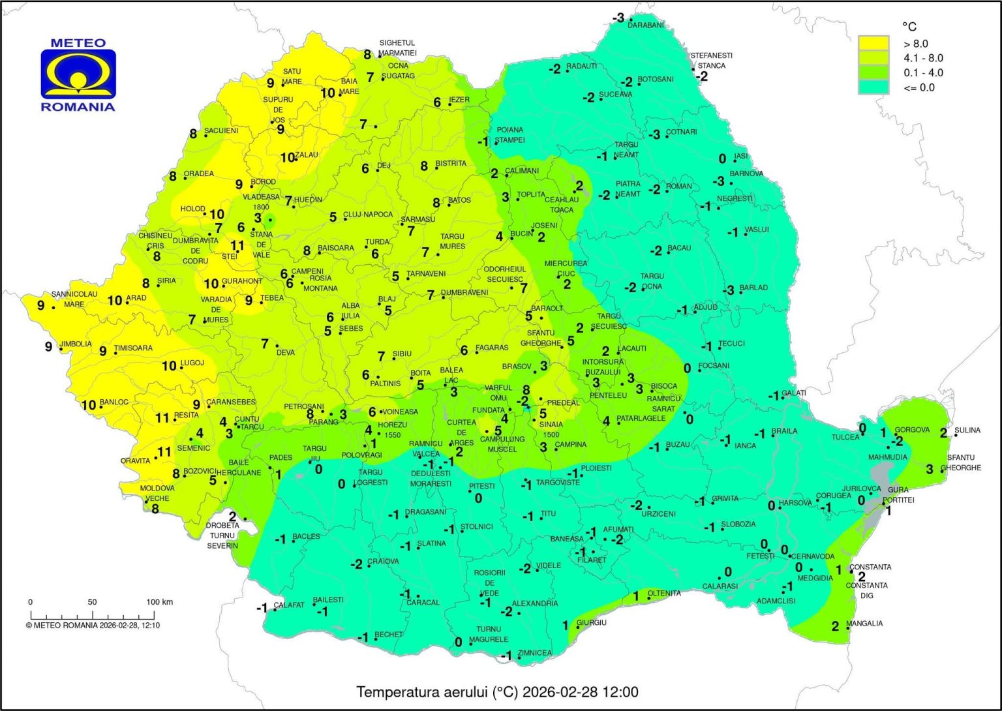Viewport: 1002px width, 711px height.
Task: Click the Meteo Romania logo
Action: [x=78, y=75]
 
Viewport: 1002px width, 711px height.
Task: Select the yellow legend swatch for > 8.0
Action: [x=873, y=44]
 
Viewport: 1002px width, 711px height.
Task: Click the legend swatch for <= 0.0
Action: [x=873, y=87]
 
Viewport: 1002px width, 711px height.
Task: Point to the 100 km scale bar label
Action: [x=159, y=602]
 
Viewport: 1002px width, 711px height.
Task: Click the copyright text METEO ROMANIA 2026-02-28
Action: [x=93, y=625]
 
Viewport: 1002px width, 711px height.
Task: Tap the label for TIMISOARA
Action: [x=133, y=348]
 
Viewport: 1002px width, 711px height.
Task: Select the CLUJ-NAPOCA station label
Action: [x=368, y=215]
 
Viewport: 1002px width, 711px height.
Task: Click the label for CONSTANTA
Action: [x=870, y=567]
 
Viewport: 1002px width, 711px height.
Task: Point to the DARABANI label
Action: [x=646, y=25]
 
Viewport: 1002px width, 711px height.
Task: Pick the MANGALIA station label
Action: [x=864, y=624]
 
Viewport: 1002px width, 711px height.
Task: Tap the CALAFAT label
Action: [x=289, y=605]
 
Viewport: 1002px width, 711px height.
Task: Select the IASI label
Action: [x=741, y=157]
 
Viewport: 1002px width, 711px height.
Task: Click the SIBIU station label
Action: [x=402, y=354]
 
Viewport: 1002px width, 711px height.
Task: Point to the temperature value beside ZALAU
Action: [x=287, y=157]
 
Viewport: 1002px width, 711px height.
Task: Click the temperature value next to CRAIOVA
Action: [x=356, y=564]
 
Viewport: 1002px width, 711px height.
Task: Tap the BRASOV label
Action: [x=517, y=367]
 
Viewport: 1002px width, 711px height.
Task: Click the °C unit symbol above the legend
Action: [x=909, y=27]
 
